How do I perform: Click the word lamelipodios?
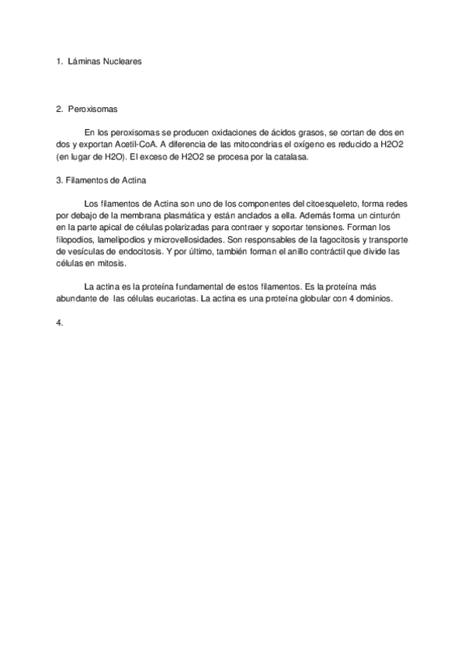point(119,240)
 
